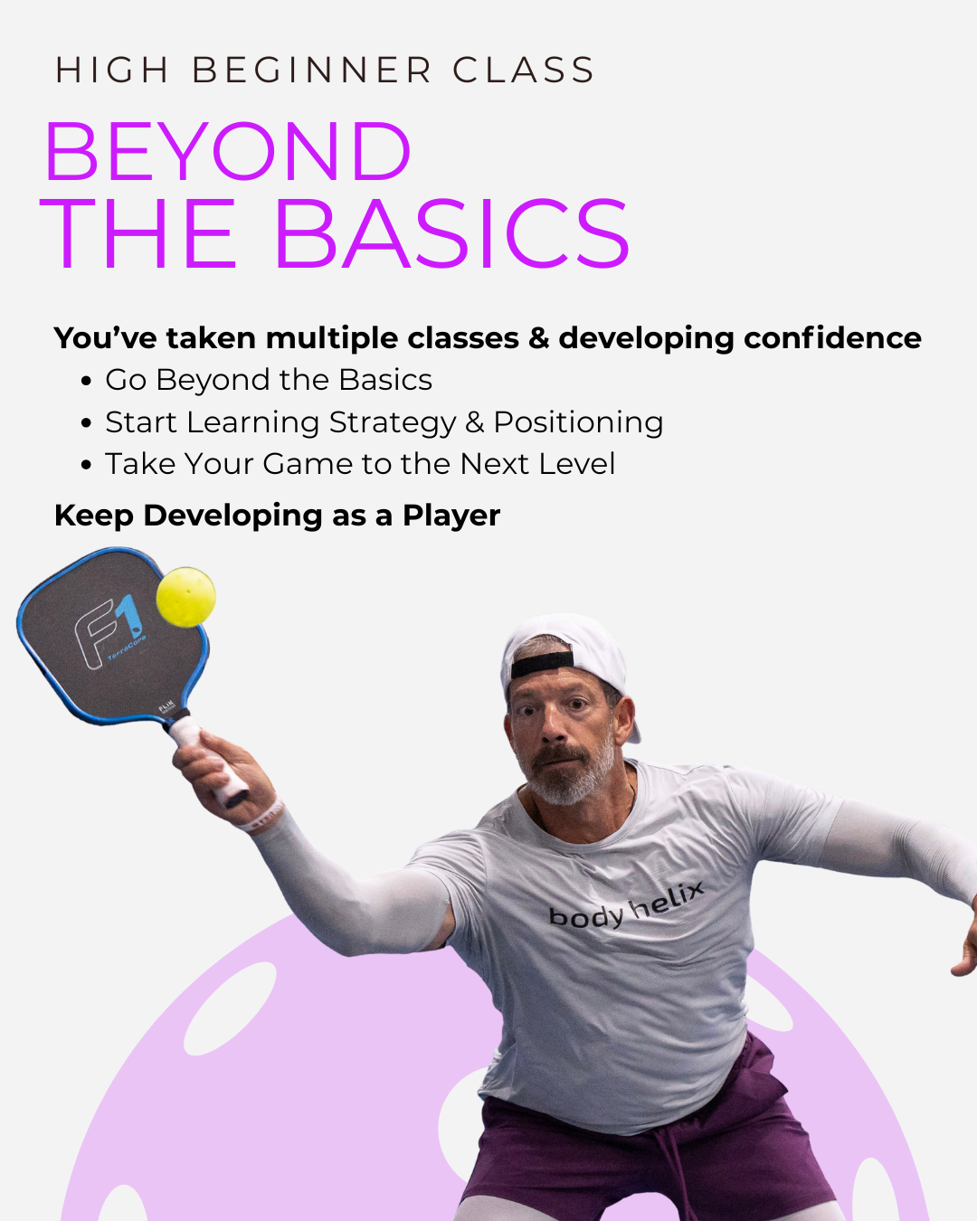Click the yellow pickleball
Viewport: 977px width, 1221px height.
coord(185,597)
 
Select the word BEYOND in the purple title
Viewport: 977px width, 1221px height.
coord(228,152)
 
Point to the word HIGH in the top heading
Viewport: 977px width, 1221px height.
coord(112,71)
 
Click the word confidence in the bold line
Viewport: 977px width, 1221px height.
coord(832,337)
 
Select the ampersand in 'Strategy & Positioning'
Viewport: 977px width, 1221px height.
coord(475,422)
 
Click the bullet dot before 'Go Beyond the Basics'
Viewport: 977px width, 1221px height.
coord(86,381)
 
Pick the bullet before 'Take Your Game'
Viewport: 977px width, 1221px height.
coord(86,465)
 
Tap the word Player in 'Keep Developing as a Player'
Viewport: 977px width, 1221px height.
coord(451,516)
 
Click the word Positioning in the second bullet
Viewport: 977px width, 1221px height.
coord(578,422)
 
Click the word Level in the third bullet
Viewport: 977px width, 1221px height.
coord(576,464)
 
